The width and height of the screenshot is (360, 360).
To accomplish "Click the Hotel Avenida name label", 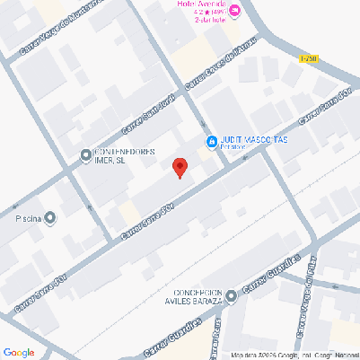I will (202, 4).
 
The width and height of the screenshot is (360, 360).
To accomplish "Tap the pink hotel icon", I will (236, 11).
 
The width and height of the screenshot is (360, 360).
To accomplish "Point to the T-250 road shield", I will (309, 58).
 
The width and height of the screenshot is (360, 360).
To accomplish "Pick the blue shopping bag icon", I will (211, 142).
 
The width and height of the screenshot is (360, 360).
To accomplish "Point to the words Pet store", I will (233, 149).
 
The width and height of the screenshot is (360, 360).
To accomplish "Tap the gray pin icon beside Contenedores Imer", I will (84, 154).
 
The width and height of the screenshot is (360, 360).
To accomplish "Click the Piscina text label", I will (22, 217).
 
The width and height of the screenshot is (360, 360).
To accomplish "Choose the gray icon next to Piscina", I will (50, 216).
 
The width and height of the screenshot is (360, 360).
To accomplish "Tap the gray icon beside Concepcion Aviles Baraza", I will (232, 295).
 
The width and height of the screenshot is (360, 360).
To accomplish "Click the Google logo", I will (18, 351).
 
